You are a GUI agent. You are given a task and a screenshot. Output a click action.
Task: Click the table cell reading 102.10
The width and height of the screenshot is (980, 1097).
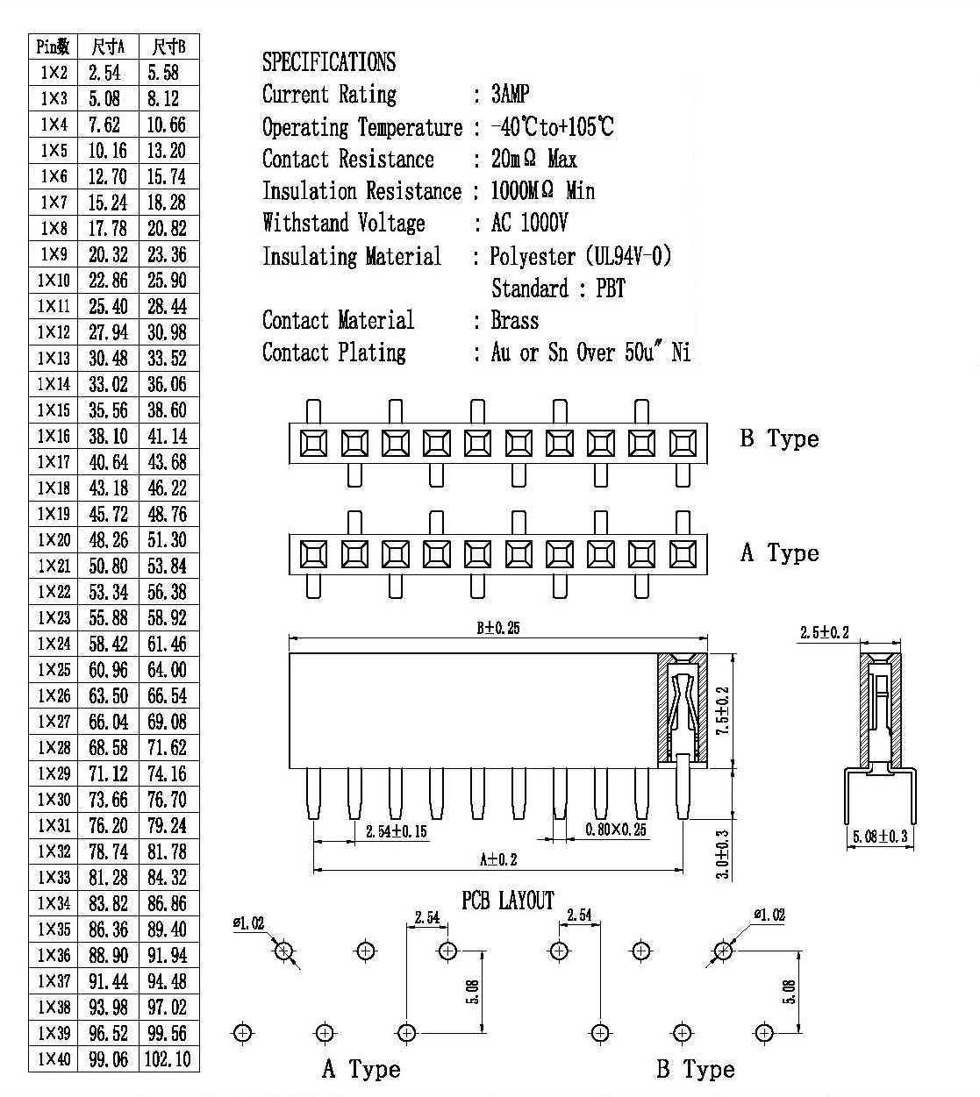tap(168, 1059)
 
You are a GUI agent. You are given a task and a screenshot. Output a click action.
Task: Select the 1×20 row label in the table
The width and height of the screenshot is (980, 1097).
tap(54, 540)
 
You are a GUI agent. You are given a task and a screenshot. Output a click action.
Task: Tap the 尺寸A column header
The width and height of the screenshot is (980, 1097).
tap(108, 46)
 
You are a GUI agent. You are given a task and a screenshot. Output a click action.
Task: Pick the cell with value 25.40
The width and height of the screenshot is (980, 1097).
tap(108, 306)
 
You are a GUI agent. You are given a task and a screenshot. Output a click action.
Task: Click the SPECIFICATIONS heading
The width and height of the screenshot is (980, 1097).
tap(329, 62)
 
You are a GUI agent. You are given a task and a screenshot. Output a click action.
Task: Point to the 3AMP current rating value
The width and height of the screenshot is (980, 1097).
tap(510, 94)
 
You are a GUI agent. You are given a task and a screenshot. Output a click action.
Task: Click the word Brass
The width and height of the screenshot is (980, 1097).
tap(515, 321)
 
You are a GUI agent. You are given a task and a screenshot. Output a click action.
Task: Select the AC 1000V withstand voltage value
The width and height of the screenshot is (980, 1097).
tap(529, 223)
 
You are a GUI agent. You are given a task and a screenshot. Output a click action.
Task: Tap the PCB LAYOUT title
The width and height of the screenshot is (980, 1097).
tap(508, 901)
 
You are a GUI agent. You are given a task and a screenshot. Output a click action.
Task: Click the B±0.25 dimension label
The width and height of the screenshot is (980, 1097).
tap(497, 628)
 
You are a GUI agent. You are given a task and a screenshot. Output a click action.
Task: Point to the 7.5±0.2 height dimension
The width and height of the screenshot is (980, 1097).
tap(723, 710)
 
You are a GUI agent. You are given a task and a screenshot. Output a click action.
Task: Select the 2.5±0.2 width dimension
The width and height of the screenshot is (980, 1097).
tap(825, 632)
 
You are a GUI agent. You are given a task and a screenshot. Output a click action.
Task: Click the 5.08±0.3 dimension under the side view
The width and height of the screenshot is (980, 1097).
tap(880, 837)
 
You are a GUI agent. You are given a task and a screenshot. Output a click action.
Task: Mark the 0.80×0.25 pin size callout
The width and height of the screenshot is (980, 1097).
tap(615, 830)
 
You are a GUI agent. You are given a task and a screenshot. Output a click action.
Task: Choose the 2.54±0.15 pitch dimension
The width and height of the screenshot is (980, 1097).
tap(396, 831)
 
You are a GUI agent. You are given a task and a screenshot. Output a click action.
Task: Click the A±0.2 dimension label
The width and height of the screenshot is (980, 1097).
tap(498, 859)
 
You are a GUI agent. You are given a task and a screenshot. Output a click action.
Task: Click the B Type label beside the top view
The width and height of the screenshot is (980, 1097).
tap(780, 438)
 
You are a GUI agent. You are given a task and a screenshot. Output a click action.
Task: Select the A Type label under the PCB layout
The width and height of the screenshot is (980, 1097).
tap(361, 1069)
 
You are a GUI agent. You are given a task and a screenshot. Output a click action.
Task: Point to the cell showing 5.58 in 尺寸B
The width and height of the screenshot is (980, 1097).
tap(163, 73)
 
